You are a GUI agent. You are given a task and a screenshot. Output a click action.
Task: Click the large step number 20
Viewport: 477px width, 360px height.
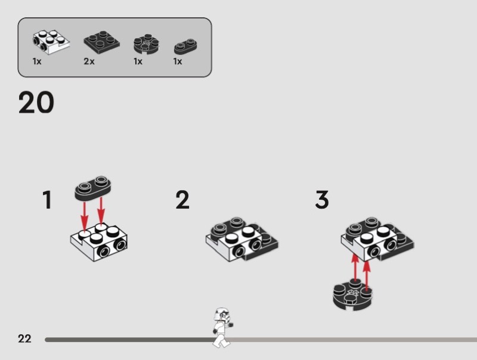coord(36,103)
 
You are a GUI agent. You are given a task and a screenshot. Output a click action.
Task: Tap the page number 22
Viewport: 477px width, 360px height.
coord(24,339)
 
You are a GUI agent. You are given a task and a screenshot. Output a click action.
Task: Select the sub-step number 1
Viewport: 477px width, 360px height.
coord(47,200)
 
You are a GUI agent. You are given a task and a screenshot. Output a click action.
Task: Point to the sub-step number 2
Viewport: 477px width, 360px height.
coord(182,200)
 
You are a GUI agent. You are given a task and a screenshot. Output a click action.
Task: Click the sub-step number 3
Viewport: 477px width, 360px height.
coord(322,200)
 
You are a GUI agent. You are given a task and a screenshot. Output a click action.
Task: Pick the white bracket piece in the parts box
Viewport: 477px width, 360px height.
coord(51,42)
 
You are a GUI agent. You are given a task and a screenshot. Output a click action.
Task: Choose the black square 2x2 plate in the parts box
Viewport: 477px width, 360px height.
coord(101,41)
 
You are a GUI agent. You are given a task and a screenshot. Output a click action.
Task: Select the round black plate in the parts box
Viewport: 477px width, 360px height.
coord(146,44)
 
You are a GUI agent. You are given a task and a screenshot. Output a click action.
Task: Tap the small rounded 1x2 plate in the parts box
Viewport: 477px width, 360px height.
coord(185,47)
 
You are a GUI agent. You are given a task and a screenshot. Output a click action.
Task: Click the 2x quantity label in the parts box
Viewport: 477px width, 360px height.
coord(89,61)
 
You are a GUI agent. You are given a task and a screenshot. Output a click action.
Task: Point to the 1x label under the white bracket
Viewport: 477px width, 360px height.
coord(37,61)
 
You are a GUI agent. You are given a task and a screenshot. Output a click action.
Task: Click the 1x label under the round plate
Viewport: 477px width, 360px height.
coord(138,61)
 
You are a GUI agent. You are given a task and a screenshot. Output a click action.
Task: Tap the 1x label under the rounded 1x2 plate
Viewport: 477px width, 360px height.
coord(178,61)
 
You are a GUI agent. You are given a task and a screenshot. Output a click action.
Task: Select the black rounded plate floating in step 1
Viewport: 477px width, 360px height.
coord(93,188)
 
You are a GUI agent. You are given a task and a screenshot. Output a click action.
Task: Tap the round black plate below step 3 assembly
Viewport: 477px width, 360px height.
coord(352,295)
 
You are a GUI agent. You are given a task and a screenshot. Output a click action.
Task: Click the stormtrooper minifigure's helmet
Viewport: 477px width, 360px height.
coord(222,314)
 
